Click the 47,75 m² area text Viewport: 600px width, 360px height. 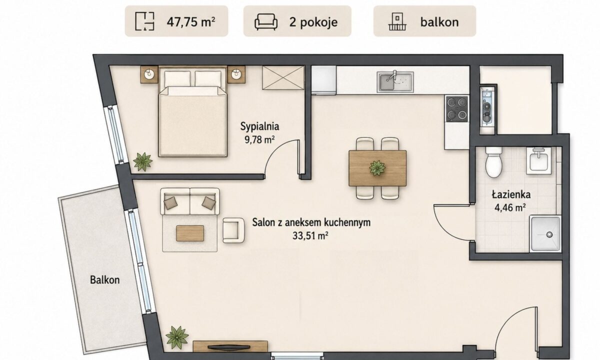190,21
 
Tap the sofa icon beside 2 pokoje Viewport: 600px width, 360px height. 265,21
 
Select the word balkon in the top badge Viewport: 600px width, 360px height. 439,22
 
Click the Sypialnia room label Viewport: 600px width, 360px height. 259,126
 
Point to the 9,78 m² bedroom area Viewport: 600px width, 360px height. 259,139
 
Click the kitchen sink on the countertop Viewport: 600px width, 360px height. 395,81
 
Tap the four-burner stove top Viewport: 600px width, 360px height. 457,109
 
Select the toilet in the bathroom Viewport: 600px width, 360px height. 493,162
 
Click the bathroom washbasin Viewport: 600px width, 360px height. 538,160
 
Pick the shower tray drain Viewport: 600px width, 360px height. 549,234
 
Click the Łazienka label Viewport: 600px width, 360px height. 511,194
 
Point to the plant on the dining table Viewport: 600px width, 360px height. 377,168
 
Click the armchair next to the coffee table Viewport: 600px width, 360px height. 233,230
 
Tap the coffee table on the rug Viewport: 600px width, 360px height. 190,233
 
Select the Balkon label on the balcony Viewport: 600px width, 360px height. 104,280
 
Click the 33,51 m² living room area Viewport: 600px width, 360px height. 310,235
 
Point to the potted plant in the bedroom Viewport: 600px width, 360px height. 143,162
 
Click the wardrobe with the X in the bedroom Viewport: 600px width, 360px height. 283,77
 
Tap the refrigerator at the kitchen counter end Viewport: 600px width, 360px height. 323,80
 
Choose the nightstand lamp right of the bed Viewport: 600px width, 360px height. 236,73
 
